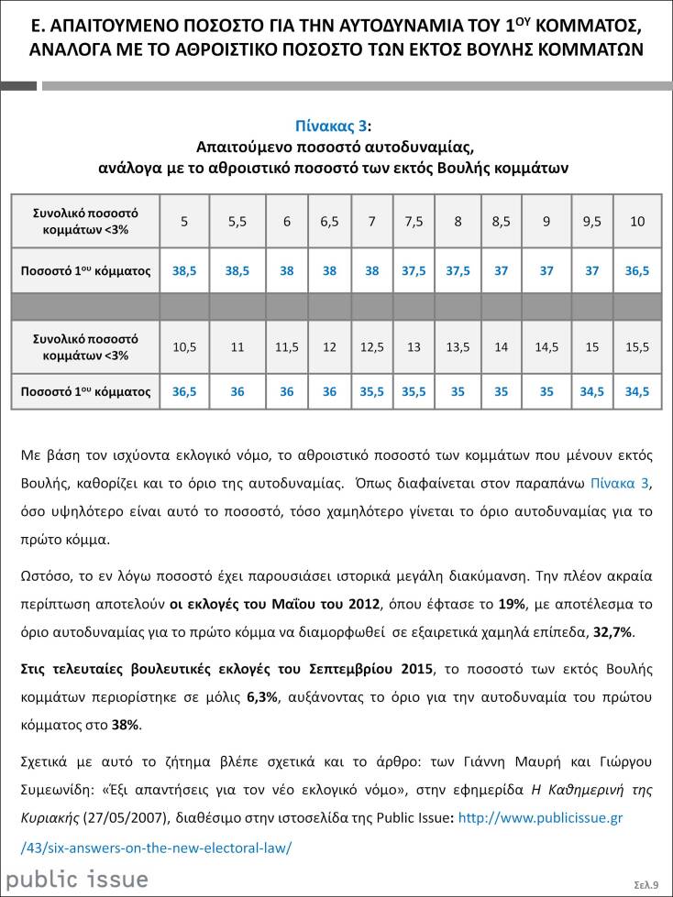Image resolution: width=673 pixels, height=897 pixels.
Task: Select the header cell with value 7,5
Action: pyautogui.click(x=414, y=221)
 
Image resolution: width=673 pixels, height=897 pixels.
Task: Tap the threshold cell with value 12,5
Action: pyautogui.click(x=371, y=346)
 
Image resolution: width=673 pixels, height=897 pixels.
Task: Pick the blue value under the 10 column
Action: pyautogui.click(x=638, y=271)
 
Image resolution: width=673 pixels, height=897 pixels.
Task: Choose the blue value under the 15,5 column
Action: pyautogui.click(x=638, y=391)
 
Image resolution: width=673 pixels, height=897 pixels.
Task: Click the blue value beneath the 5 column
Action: pyautogui.click(x=184, y=271)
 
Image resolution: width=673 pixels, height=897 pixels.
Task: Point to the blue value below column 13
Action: pyautogui.click(x=414, y=391)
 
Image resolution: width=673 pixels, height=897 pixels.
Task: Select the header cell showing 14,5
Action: pyautogui.click(x=547, y=346)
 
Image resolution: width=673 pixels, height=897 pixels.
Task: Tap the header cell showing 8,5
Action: pyautogui.click(x=502, y=221)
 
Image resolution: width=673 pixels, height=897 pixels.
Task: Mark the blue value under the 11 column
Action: pyautogui.click(x=237, y=391)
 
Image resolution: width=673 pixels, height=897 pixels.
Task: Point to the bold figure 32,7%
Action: pyautogui.click(x=612, y=632)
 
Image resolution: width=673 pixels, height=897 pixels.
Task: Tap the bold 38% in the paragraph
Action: pyautogui.click(x=126, y=725)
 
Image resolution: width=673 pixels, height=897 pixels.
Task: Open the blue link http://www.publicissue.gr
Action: pyautogui.click(x=540, y=817)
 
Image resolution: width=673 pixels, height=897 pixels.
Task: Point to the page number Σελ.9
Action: pyautogui.click(x=646, y=884)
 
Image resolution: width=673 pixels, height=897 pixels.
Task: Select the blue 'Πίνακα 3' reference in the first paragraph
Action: pyautogui.click(x=621, y=483)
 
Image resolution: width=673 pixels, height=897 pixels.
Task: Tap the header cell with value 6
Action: pyautogui.click(x=287, y=221)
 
